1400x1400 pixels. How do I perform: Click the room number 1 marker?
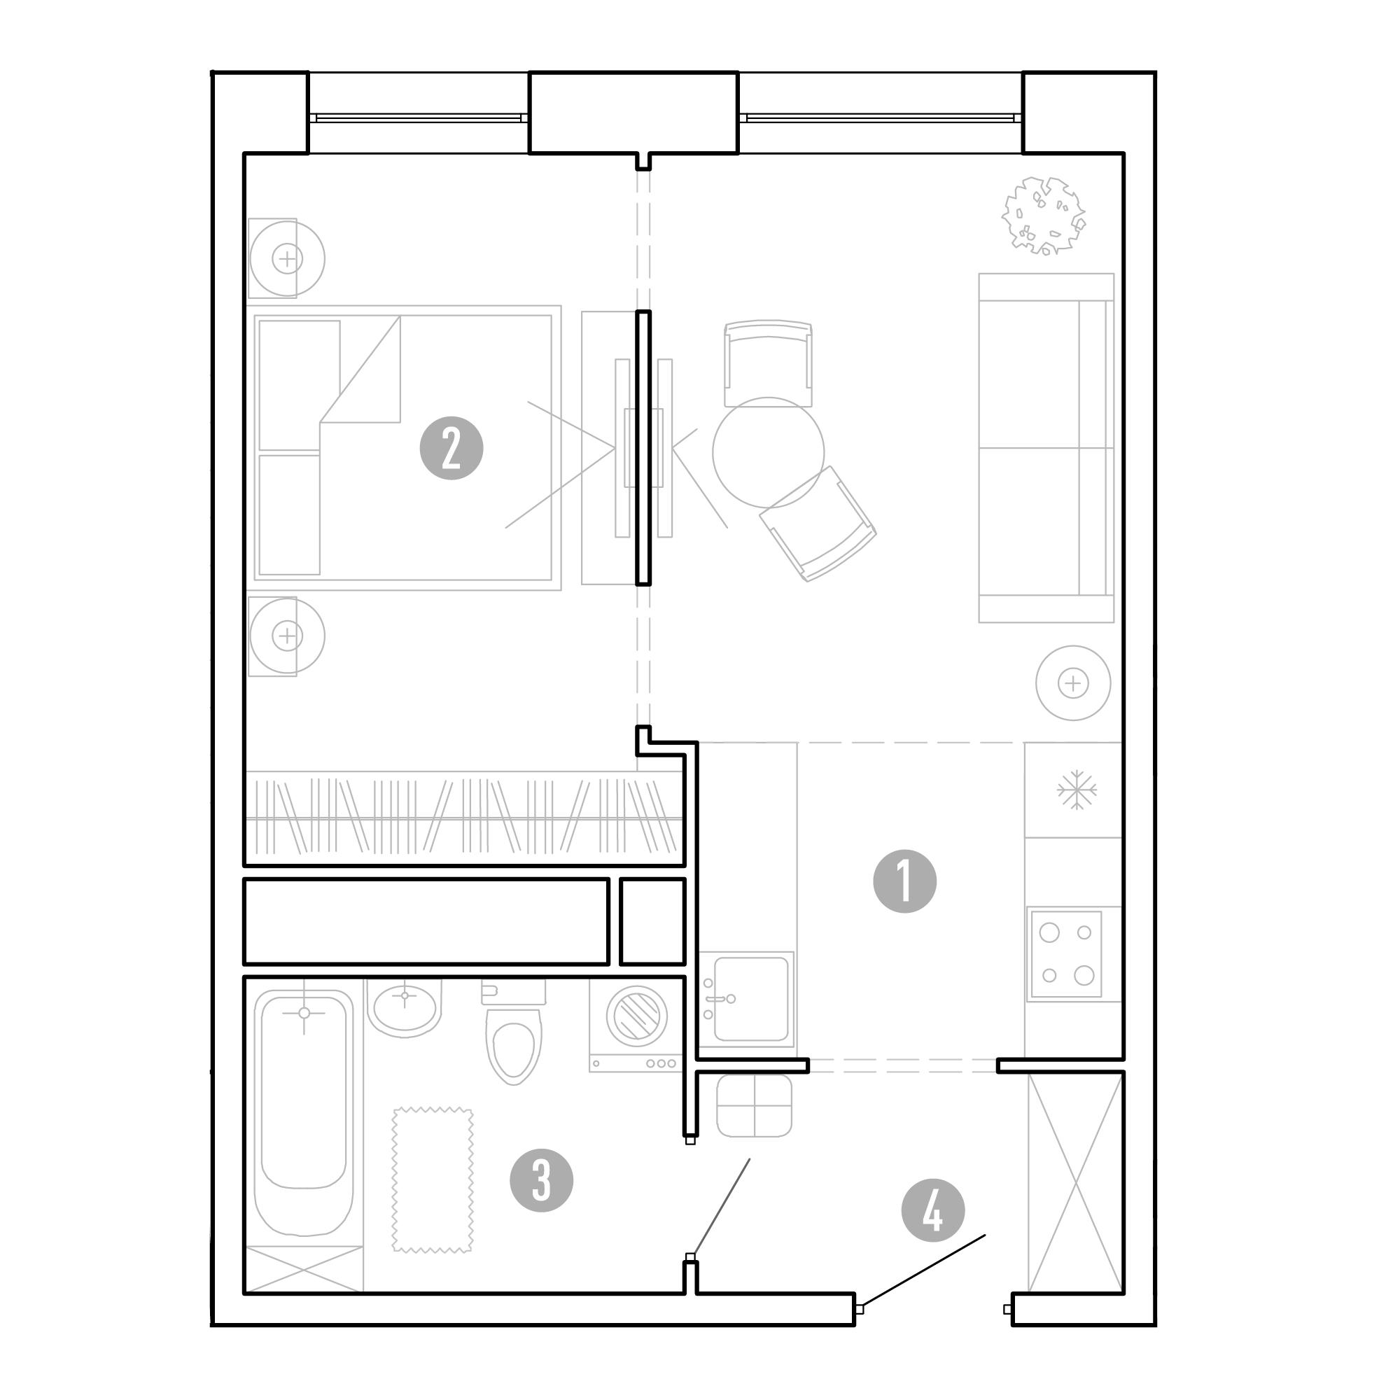(904, 881)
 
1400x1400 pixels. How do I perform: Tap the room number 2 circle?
(451, 449)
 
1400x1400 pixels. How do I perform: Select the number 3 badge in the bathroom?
(541, 1180)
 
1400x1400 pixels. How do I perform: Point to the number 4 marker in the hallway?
(932, 1210)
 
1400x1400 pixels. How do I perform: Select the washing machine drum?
(637, 1015)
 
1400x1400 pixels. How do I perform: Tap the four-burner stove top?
(1067, 954)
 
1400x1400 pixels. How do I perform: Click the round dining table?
(768, 452)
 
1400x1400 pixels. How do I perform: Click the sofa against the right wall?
(1046, 448)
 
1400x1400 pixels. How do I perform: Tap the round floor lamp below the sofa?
(1073, 682)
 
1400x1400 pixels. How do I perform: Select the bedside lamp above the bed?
(287, 258)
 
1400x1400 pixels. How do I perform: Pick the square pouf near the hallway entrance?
(755, 1105)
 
